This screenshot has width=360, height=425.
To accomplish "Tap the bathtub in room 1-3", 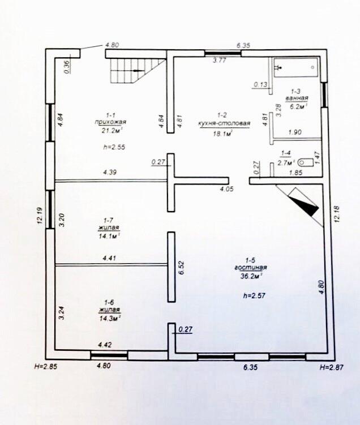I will [x=295, y=67].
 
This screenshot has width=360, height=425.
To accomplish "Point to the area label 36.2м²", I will [x=250, y=276].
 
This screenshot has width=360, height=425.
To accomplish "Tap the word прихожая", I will [x=110, y=122].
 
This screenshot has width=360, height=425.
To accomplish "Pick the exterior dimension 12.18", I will [x=338, y=215].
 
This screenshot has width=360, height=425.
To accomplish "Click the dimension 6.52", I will [x=182, y=268].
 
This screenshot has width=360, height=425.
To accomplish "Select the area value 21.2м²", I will [x=110, y=131].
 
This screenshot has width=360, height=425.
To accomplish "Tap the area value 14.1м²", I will [x=109, y=237].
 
